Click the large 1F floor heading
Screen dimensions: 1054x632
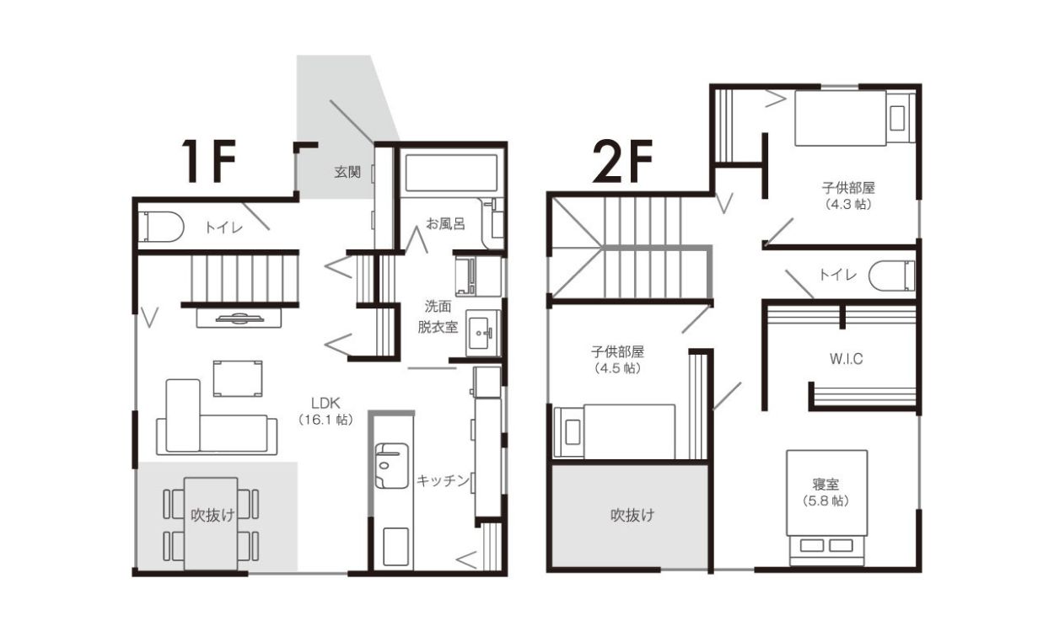click(209, 161)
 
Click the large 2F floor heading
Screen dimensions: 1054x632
click(622, 161)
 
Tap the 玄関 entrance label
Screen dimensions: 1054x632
click(347, 172)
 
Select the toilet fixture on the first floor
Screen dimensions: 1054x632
click(164, 228)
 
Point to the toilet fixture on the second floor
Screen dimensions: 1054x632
click(891, 276)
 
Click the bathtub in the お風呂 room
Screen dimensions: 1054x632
click(451, 173)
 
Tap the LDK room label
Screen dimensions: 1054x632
click(325, 403)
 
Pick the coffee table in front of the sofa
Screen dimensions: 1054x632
click(238, 379)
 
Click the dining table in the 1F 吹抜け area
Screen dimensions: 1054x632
click(211, 524)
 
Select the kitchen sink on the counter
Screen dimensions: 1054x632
click(391, 465)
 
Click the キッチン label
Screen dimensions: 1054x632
click(443, 480)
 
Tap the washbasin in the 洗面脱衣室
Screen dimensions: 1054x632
click(483, 333)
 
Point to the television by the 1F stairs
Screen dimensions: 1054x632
click(239, 319)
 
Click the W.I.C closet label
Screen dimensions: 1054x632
click(846, 359)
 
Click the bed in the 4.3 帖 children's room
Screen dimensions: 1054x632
click(854, 118)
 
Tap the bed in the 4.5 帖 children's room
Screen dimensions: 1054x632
click(615, 431)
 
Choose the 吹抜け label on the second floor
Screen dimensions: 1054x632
click(632, 516)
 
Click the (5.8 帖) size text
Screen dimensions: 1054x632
click(825, 501)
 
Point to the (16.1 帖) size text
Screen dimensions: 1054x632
click(325, 420)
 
